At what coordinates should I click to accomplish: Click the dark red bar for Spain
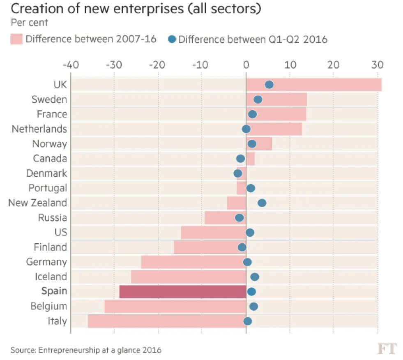182,291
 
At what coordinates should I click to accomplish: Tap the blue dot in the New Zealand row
262,203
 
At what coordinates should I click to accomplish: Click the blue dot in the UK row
269,85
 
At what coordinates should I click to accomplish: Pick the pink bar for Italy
167,321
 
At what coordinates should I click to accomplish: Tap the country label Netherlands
39,129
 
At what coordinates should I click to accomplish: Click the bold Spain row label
54,291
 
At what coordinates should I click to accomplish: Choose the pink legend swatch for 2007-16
16,39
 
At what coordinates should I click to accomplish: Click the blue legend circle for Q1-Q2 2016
172,39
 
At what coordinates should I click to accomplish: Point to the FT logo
387,349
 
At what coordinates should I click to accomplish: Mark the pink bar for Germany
193,262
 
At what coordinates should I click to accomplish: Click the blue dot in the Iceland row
254,277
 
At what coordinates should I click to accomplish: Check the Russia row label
52,217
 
